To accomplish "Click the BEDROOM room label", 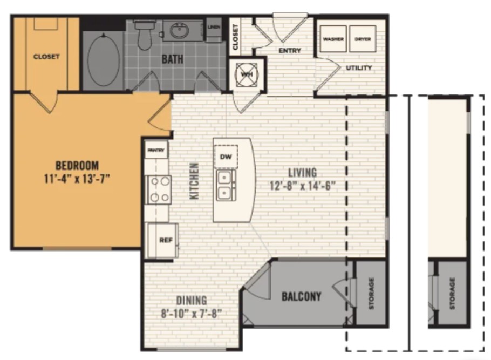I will (78, 165).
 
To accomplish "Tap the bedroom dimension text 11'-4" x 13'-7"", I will (78, 179).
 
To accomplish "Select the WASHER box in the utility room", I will (333, 39).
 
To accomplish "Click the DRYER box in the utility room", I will (363, 39).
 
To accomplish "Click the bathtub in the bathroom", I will (104, 60).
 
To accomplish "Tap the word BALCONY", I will (301, 296).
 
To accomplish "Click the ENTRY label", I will (290, 51).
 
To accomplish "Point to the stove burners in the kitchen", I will (159, 189).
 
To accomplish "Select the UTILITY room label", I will (359, 67).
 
